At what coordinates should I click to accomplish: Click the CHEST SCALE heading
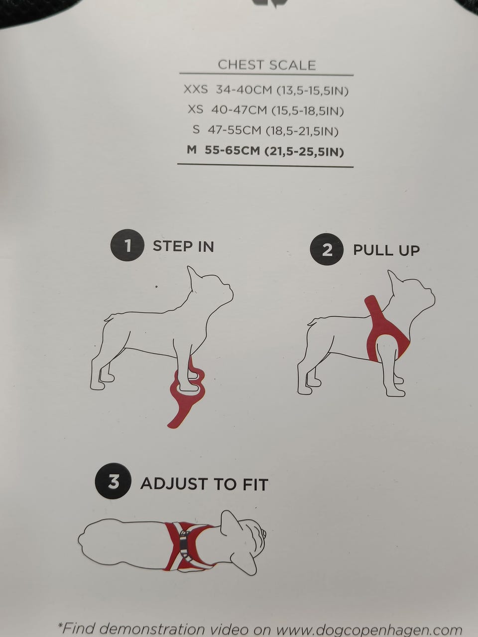[x=267, y=65]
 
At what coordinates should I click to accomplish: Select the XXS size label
[x=196, y=90]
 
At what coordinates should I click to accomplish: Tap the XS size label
[x=196, y=109]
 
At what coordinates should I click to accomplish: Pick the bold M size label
[x=192, y=150]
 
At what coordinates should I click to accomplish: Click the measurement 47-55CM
[x=234, y=130]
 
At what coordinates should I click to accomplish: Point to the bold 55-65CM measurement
[x=232, y=150]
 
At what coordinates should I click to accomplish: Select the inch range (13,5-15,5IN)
[x=313, y=91]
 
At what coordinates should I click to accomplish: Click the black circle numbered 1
[x=127, y=247]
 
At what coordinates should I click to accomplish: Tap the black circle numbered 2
[x=327, y=251]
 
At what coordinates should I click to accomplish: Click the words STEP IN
[x=183, y=246]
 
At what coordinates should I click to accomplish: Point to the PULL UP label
[x=386, y=250]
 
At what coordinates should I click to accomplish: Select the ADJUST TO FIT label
[x=204, y=484]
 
